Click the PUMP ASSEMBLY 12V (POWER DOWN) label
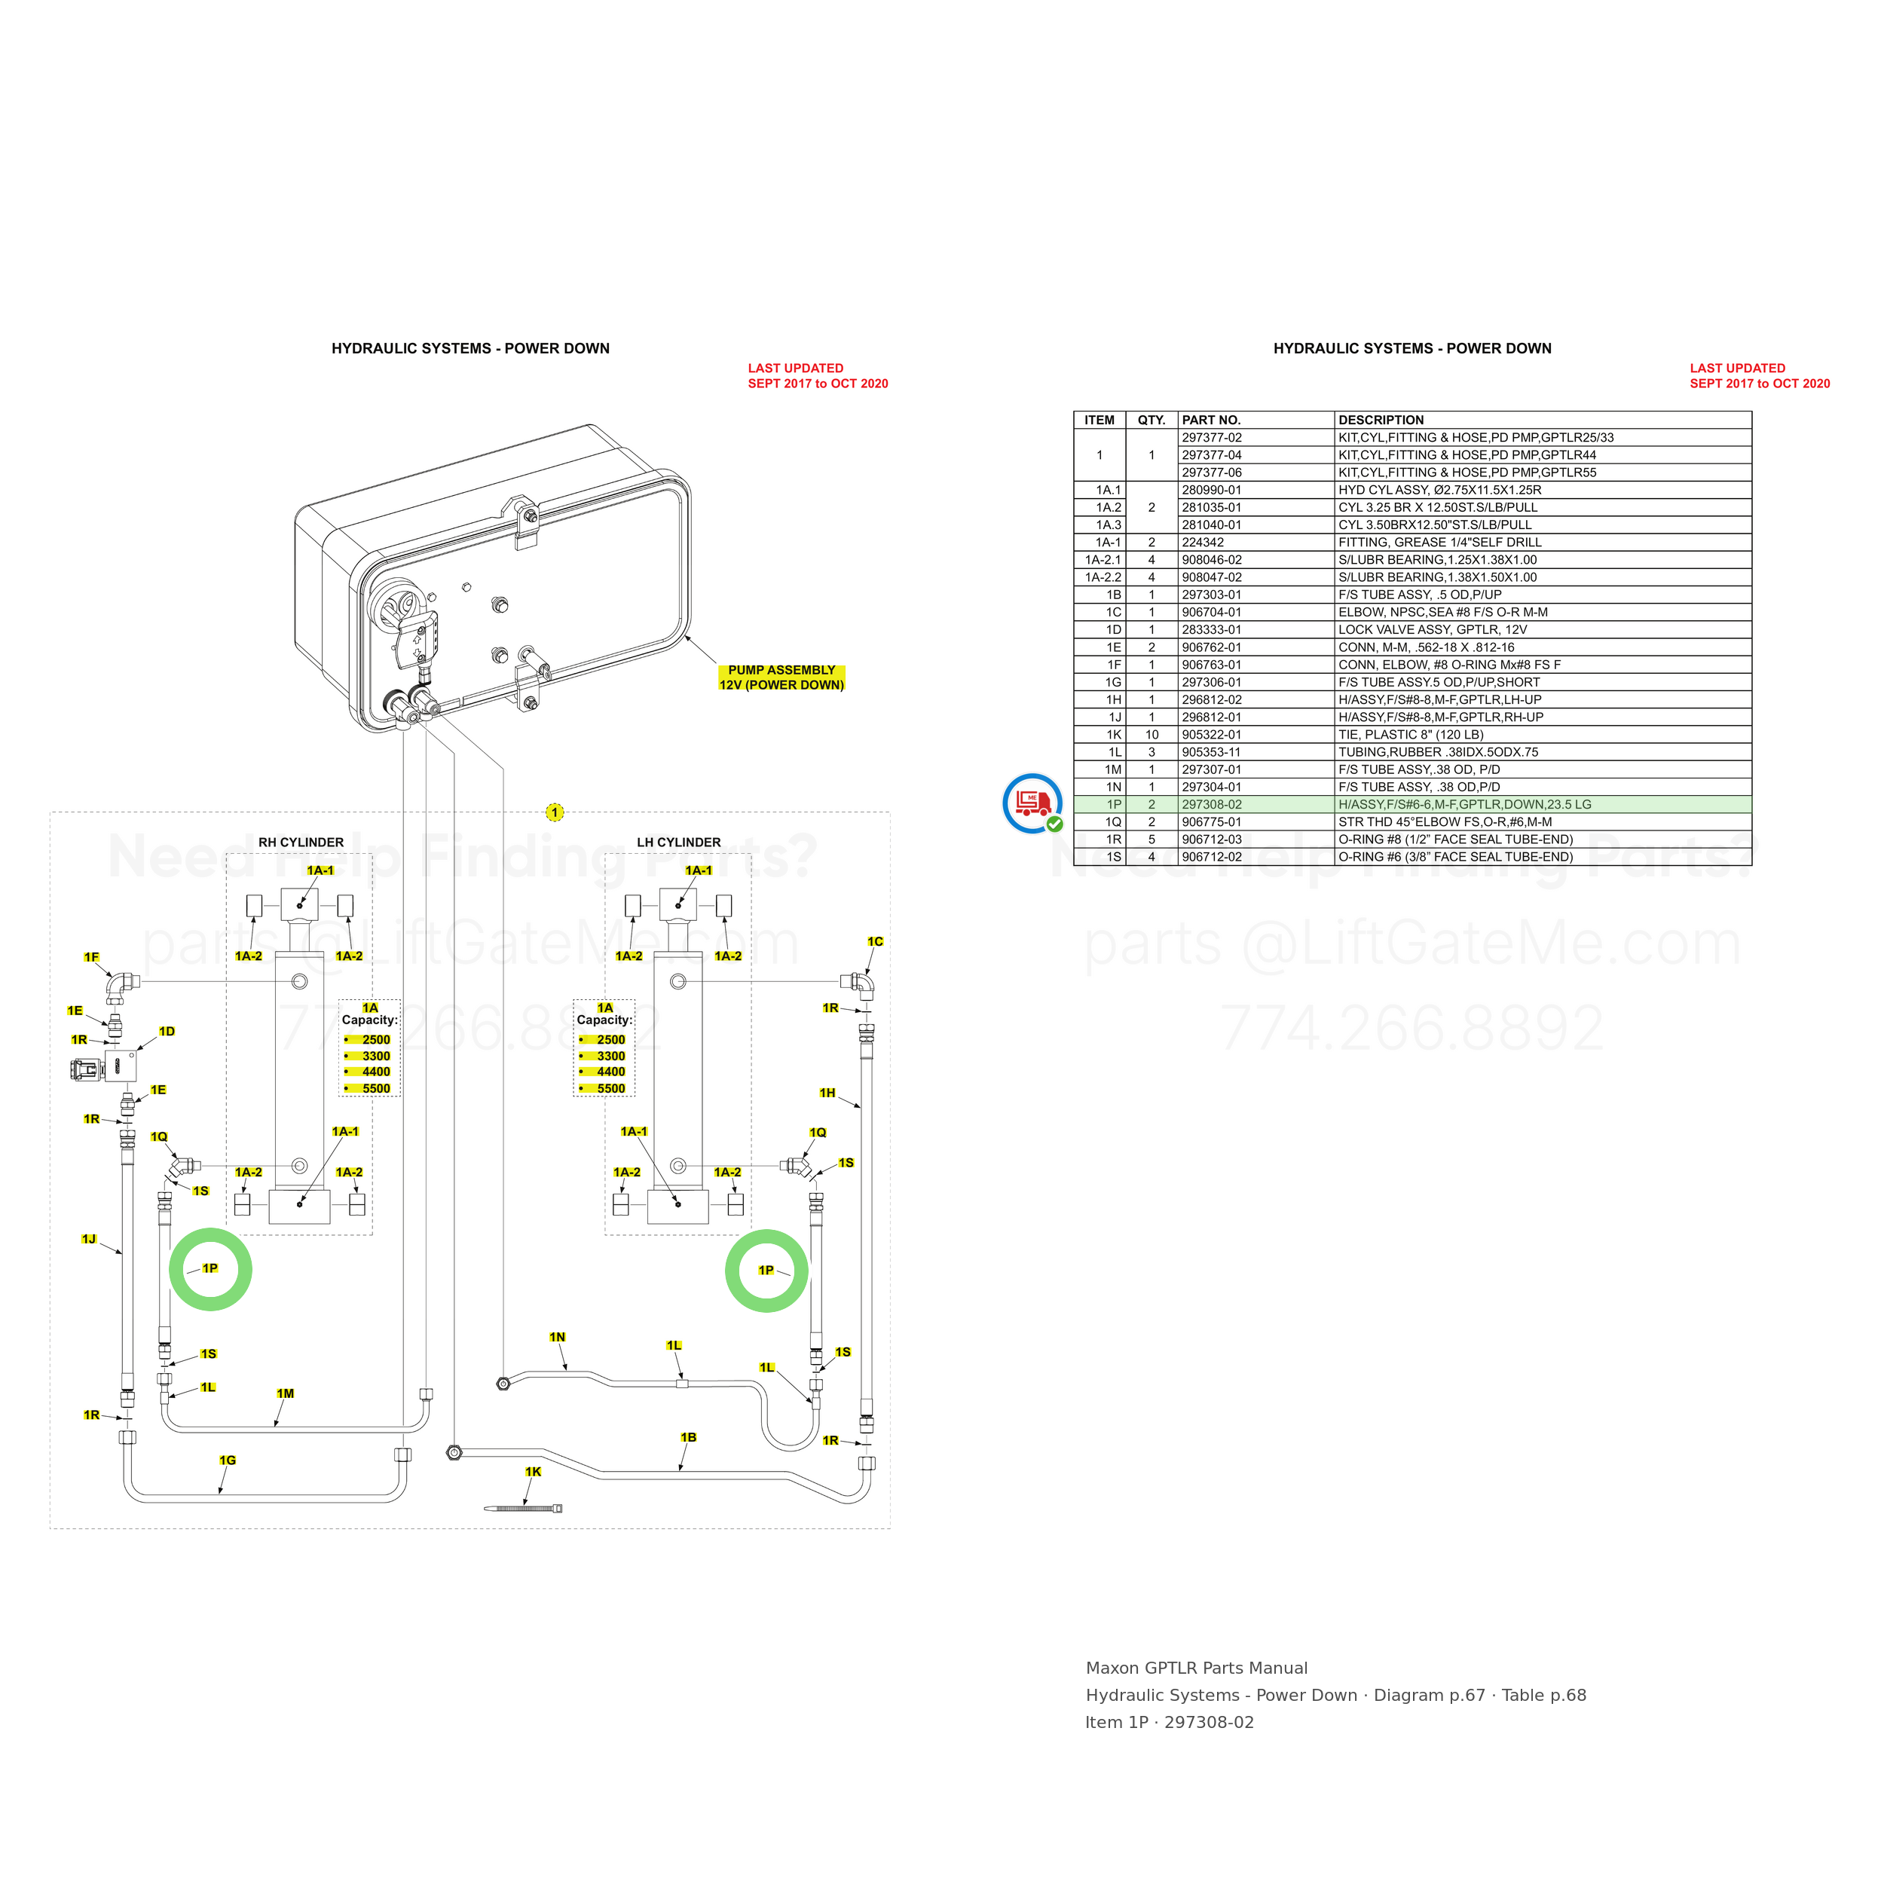click(781, 677)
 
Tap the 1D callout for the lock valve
click(167, 1031)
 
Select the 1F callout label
click(92, 958)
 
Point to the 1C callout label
click(875, 941)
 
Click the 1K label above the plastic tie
click(533, 1472)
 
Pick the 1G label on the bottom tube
click(228, 1460)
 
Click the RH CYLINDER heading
click(301, 843)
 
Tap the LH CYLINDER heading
click(679, 843)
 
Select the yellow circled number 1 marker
click(554, 812)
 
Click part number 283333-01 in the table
click(1211, 630)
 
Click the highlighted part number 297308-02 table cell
click(1211, 805)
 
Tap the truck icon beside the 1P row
click(1032, 803)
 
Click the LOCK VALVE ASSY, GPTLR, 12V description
click(1433, 630)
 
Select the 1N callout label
click(557, 1337)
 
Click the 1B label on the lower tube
click(689, 1437)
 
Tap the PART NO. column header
click(1211, 421)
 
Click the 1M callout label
click(285, 1393)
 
